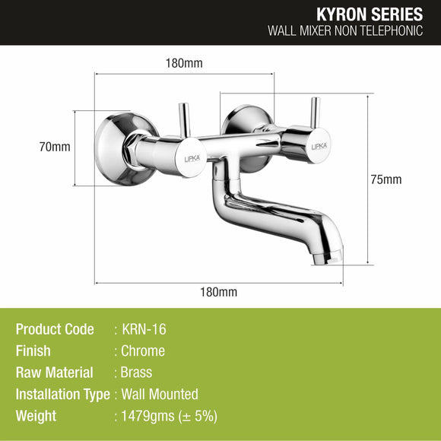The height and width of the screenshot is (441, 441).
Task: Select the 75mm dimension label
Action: pyautogui.click(x=387, y=179)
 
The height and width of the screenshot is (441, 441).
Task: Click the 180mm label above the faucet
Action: pyautogui.click(x=184, y=63)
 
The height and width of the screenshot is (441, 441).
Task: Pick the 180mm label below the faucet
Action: pyautogui.click(x=220, y=292)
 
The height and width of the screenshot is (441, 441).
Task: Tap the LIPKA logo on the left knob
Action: pyautogui.click(x=193, y=158)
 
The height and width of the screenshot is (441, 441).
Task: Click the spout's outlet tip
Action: pyautogui.click(x=332, y=255)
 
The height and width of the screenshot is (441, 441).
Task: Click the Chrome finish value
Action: pyautogui.click(x=143, y=351)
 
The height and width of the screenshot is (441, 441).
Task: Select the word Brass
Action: pyautogui.click(x=137, y=373)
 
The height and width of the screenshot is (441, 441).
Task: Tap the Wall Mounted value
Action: pyautogui.click(x=160, y=394)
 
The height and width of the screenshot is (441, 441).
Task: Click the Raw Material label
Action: pyautogui.click(x=54, y=373)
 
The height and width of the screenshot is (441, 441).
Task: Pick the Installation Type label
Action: pyautogui.click(x=62, y=394)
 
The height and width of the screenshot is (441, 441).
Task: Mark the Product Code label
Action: pyautogui.click(x=55, y=329)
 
